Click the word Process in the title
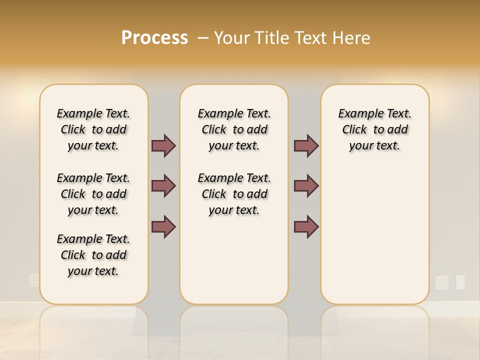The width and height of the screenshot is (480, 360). click(154, 38)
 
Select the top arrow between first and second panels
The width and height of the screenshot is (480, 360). click(163, 145)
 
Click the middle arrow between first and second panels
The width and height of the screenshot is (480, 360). click(163, 186)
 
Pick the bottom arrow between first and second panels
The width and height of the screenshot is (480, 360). click(163, 227)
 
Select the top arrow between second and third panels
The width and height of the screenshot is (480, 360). click(306, 145)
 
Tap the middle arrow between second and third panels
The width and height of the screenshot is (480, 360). click(306, 186)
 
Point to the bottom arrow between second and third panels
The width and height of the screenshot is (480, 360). click(306, 227)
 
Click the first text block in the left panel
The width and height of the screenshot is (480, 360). click(93, 129)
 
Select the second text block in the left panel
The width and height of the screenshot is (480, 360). click(93, 194)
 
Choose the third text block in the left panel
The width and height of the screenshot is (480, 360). click(93, 255)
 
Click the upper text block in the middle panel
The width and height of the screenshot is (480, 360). click(234, 129)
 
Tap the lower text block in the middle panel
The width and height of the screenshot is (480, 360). click(234, 194)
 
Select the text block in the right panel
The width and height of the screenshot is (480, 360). click(375, 129)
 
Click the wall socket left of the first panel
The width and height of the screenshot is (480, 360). click(34, 280)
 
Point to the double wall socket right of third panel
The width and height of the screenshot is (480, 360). click(442, 282)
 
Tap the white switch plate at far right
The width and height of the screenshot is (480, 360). click(460, 282)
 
